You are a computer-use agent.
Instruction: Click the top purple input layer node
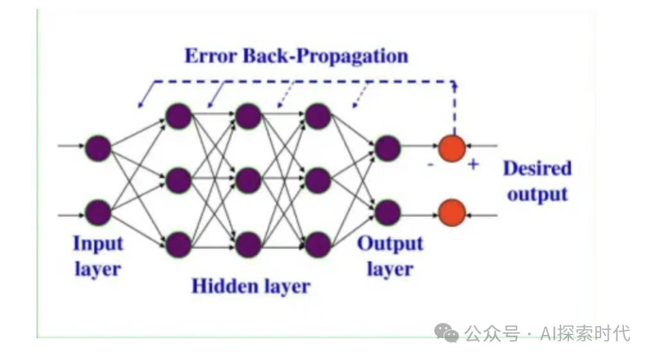click(99, 147)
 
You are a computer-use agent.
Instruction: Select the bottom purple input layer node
click(99, 212)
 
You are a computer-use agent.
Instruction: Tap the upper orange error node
click(452, 148)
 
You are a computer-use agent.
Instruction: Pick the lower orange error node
click(452, 211)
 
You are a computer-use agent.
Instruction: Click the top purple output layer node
click(388, 149)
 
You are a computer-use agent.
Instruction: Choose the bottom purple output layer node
click(388, 211)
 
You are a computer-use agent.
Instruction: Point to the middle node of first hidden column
click(178, 181)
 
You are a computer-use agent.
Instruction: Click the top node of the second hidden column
click(248, 117)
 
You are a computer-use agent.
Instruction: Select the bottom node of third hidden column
click(318, 244)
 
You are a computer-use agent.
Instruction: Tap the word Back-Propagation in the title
click(325, 56)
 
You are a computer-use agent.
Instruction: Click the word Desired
click(537, 168)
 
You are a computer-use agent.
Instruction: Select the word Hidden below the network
click(219, 286)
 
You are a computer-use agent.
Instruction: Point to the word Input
click(97, 244)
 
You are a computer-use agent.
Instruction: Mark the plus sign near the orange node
click(473, 165)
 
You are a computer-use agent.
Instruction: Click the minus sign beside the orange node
click(430, 165)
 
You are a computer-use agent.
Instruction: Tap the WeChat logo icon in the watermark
click(447, 332)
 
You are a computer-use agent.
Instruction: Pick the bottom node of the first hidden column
click(178, 244)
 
